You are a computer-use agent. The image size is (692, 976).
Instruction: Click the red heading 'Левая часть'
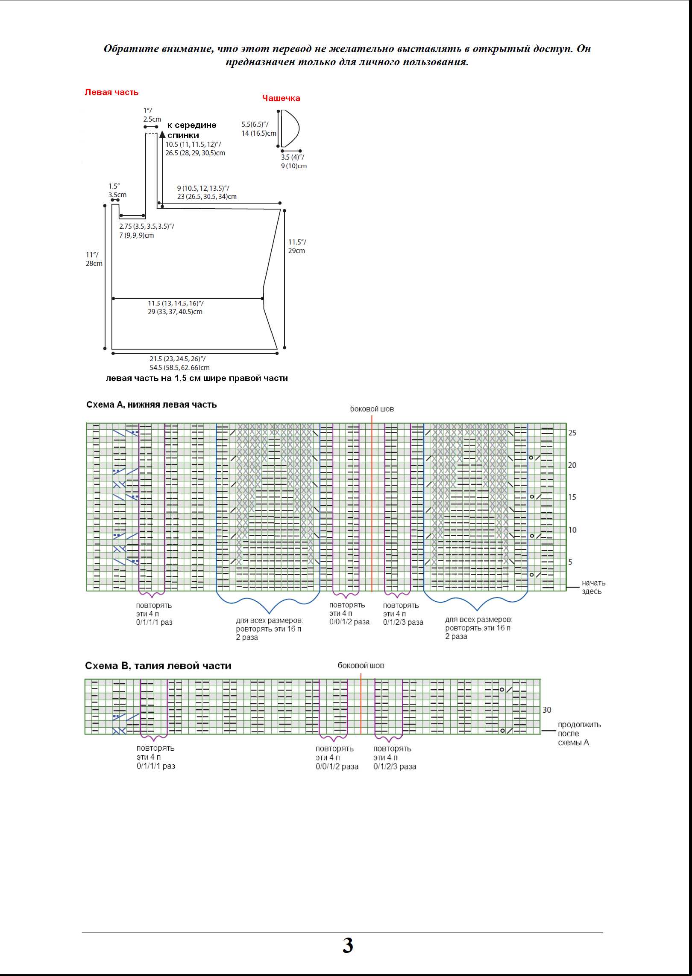coord(111,92)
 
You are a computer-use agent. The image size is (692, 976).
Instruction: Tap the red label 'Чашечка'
coord(281,98)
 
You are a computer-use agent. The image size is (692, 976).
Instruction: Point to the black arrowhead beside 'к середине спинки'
coord(162,134)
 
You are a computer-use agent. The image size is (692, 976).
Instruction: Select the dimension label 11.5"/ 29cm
coord(297,246)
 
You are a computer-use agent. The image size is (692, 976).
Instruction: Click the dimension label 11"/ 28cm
coord(94,259)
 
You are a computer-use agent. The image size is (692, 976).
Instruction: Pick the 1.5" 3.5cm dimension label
coord(117,190)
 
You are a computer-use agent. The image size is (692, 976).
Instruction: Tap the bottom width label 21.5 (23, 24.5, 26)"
coord(177,359)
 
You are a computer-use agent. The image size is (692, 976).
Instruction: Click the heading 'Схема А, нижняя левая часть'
coord(152,405)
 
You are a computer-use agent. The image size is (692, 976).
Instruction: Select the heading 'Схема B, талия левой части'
coord(158,666)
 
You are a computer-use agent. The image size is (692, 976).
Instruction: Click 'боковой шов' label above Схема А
coord(372,409)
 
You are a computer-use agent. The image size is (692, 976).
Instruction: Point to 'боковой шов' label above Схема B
coord(361,665)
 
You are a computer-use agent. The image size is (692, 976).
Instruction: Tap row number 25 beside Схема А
coord(572,433)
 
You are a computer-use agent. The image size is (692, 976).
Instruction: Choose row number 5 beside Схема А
coord(570,562)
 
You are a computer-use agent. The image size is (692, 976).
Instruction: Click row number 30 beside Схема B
coord(547,710)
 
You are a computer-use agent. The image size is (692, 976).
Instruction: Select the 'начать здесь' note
coord(593,587)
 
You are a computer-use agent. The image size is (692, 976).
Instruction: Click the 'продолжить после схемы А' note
coord(579,734)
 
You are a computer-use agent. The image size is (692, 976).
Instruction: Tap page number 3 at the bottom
coord(348,946)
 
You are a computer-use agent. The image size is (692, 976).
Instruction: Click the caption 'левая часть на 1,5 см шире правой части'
coord(197,378)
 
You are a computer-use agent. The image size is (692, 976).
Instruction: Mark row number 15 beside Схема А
coord(572,497)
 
